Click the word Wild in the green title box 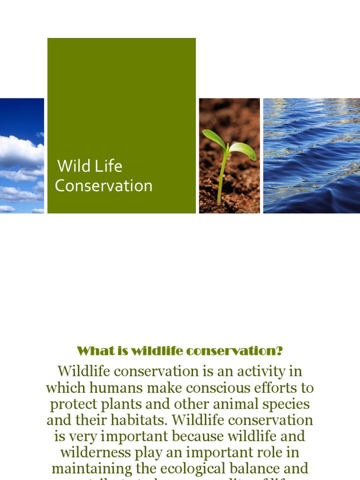[73, 166]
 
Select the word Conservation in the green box [104, 186]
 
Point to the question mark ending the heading [280, 351]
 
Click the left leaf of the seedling [213, 138]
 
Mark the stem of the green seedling [222, 178]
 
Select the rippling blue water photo [311, 156]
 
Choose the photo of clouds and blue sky [22, 156]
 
